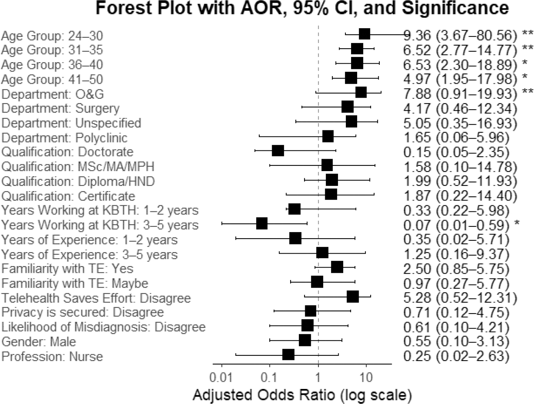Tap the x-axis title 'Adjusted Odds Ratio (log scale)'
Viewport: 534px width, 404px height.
pos(302,395)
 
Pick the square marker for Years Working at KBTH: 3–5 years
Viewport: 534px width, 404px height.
pos(262,223)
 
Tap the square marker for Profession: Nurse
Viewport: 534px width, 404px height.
pos(288,355)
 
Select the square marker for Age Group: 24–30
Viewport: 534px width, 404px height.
pos(364,34)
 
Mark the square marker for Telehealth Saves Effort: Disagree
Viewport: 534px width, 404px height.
pos(353,297)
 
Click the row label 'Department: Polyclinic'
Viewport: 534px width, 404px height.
pos(64,138)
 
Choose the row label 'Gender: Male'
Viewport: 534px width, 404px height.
pos(39,341)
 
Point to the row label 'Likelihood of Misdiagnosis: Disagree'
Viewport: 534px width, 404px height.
pos(103,327)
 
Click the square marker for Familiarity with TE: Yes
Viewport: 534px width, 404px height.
pos(337,267)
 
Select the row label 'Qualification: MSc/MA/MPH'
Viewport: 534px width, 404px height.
pos(78,167)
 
